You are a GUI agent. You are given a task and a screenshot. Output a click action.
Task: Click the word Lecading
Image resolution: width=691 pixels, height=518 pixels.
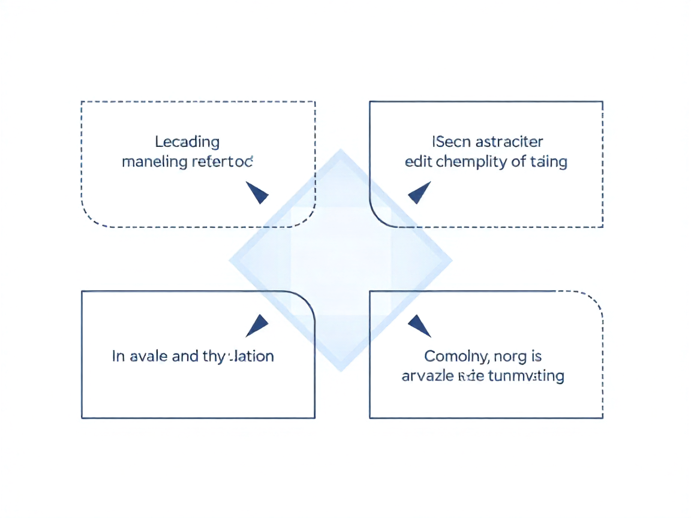[x=187, y=142]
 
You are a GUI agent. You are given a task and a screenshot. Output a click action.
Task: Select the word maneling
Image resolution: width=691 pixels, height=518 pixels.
[x=154, y=162]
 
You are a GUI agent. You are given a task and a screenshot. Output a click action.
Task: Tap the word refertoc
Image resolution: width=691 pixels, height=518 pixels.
[x=222, y=162]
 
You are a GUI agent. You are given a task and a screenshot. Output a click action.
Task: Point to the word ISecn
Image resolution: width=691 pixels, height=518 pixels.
[x=445, y=142]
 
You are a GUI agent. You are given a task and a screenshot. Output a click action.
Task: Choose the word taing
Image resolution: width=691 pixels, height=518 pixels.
[x=549, y=162]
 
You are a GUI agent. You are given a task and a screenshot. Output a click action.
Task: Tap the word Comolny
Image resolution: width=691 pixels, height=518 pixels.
[x=454, y=357]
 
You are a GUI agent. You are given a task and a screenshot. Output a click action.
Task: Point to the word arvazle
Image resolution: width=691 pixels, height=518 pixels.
[x=427, y=377]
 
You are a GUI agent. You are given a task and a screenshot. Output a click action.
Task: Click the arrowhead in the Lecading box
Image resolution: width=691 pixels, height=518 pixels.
[x=257, y=193]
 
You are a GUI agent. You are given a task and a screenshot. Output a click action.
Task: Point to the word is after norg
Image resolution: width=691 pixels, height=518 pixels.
[x=536, y=357]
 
